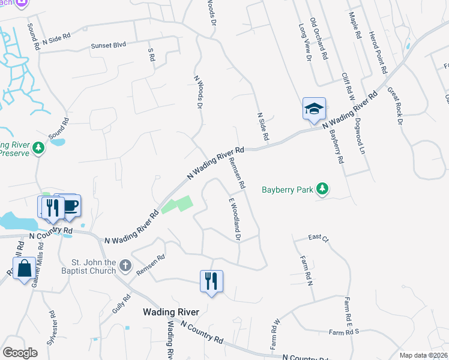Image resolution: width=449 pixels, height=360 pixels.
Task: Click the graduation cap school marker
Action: point(314,109)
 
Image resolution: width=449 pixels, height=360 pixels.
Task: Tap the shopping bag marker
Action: point(25,269)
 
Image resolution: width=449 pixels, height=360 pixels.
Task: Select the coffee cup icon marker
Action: point(70,205)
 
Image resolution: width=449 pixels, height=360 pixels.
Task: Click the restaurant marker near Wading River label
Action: point(211,281)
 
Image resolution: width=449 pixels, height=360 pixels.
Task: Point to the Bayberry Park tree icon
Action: point(323,190)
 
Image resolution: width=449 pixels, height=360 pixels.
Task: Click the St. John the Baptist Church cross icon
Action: point(125,265)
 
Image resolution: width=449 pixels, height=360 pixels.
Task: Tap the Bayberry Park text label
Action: point(288,190)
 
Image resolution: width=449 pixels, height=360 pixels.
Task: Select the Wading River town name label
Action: point(170,312)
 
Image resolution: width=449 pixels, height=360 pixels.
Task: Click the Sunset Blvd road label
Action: point(109,46)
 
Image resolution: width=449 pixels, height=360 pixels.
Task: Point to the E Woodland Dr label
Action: point(234,219)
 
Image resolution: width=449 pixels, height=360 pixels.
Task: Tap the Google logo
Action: point(20,353)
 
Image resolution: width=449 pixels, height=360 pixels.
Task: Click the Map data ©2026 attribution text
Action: point(424,355)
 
